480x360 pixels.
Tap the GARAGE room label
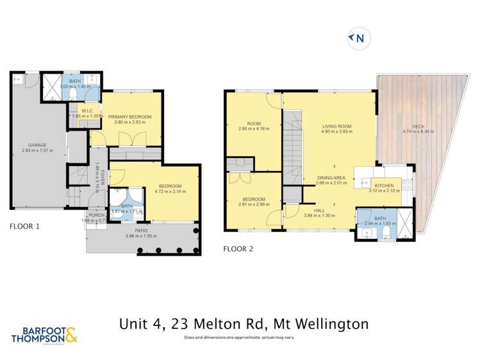pyautogui.click(x=37, y=145)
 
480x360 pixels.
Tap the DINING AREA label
pyautogui.click(x=331, y=177)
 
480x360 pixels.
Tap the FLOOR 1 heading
pyautogui.click(x=26, y=226)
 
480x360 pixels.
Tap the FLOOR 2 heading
pyautogui.click(x=238, y=248)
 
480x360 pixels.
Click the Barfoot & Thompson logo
pyautogui.click(x=45, y=334)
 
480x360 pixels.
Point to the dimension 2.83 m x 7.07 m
pyautogui.click(x=37, y=150)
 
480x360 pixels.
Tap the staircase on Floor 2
pyautogui.click(x=292, y=144)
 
